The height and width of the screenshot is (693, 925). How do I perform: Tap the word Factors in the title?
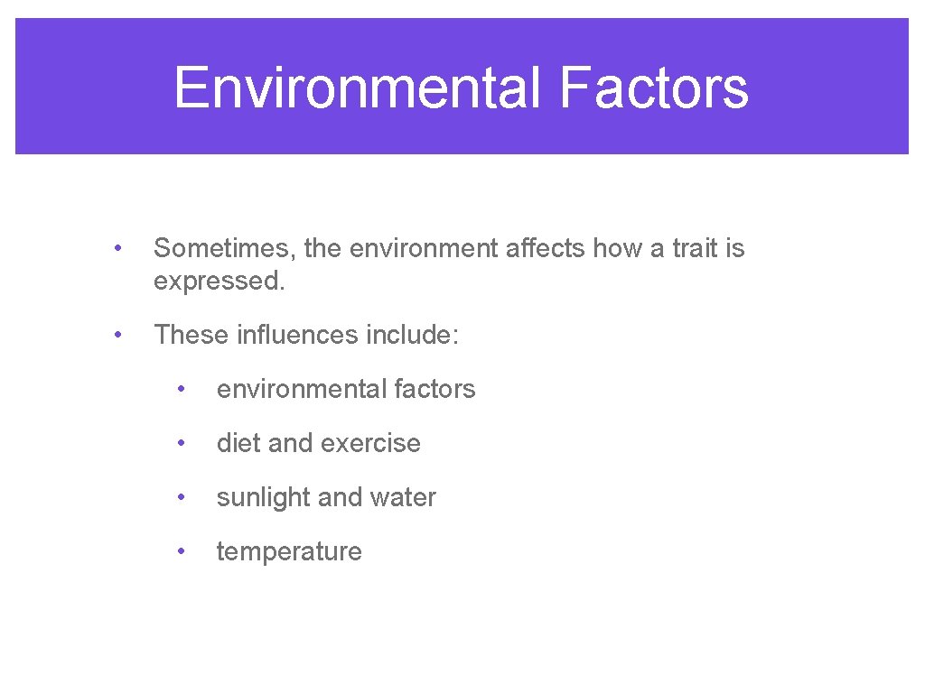click(x=653, y=88)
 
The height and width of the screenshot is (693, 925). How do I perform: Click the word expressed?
click(x=219, y=282)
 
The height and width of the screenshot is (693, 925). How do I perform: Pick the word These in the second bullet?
click(x=191, y=336)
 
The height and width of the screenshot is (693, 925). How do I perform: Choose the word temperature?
click(x=289, y=552)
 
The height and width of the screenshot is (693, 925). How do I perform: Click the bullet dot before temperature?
click(x=182, y=552)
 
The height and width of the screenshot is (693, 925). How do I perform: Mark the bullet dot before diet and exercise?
click(x=182, y=444)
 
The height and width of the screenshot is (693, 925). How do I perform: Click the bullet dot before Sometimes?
click(x=117, y=248)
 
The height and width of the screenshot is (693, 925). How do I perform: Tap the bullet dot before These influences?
click(x=117, y=336)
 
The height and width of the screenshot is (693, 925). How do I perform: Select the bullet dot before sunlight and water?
click(x=182, y=498)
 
